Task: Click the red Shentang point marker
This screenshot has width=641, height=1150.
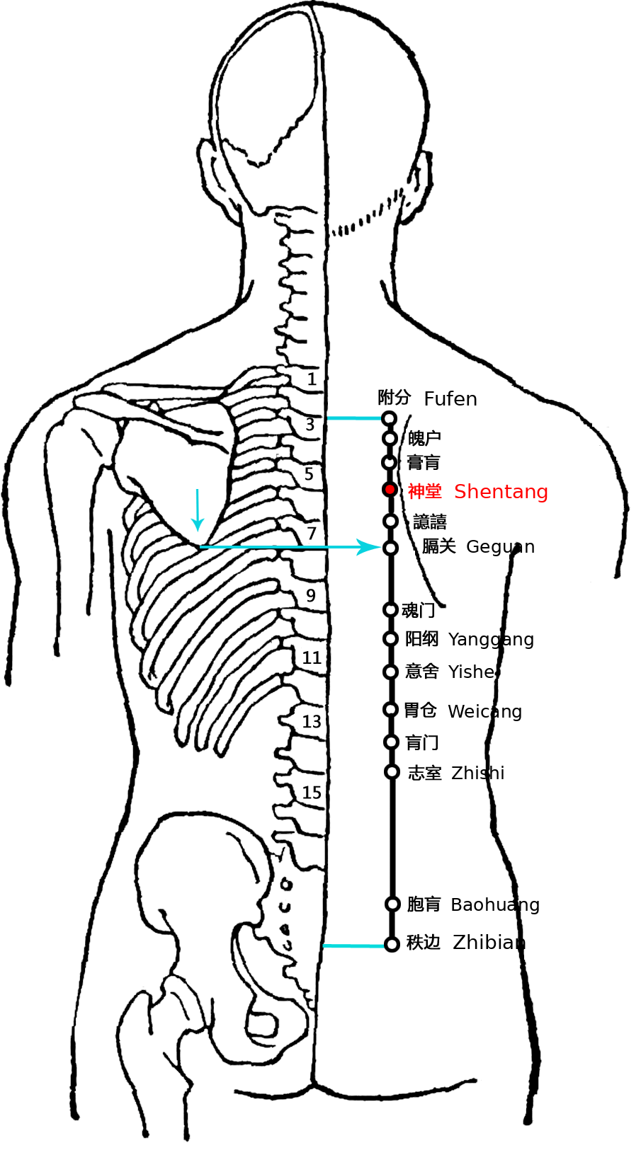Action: click(x=390, y=490)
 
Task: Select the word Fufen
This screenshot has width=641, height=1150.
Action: click(x=450, y=399)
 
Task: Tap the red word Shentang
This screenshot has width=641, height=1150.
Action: click(x=501, y=492)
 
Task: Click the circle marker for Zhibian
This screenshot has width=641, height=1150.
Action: click(x=392, y=944)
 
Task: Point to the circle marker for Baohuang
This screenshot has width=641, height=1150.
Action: click(x=393, y=904)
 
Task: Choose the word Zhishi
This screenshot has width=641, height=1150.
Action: click(x=477, y=773)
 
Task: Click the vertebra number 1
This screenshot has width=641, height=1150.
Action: click(x=312, y=379)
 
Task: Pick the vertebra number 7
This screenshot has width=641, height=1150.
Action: click(x=311, y=534)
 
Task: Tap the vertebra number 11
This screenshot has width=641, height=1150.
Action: click(x=311, y=657)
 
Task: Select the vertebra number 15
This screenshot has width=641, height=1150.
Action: click(x=312, y=793)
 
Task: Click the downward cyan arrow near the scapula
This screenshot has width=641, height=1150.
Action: click(x=197, y=510)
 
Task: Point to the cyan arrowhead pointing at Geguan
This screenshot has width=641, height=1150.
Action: click(x=369, y=547)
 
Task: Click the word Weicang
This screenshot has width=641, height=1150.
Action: click(x=485, y=711)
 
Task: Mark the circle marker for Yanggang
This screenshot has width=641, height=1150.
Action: click(x=391, y=638)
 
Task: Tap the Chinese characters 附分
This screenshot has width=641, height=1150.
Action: click(x=394, y=397)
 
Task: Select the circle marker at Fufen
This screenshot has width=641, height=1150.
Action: click(x=390, y=418)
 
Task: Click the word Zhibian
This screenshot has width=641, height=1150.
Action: click(x=489, y=943)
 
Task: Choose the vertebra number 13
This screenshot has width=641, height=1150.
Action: click(x=311, y=722)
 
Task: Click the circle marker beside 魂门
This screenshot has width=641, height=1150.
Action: click(x=391, y=609)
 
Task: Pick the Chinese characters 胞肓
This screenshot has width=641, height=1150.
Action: click(x=424, y=904)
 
